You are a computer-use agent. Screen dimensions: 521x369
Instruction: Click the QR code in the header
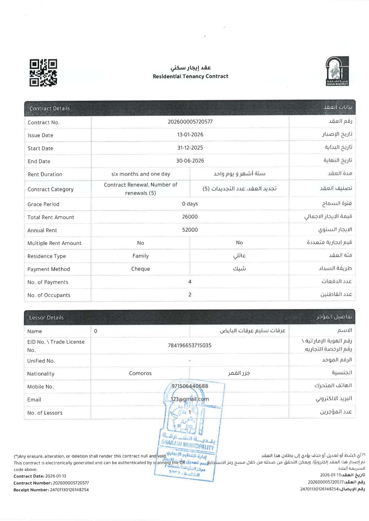(x=43, y=73)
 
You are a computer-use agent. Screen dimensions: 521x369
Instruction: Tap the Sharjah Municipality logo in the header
(x=337, y=71)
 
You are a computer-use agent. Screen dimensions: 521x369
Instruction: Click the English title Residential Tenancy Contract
(x=190, y=76)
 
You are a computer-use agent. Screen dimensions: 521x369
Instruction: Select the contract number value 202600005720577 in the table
(x=190, y=122)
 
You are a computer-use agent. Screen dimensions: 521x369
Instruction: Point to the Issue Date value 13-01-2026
(x=190, y=135)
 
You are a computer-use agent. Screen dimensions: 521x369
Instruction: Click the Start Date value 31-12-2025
(x=190, y=148)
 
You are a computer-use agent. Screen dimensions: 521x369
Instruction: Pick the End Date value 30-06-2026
(x=190, y=161)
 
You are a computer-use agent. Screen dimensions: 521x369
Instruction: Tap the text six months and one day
(x=141, y=174)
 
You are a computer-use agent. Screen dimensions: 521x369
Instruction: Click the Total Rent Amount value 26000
(x=190, y=217)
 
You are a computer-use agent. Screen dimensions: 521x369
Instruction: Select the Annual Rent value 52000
(x=190, y=230)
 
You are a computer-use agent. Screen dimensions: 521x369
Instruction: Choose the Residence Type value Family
(x=140, y=256)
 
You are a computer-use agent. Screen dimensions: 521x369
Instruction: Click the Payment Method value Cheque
(x=140, y=269)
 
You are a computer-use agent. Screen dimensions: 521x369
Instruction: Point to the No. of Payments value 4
(x=190, y=282)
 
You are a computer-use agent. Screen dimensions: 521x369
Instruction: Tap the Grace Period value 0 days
(x=190, y=204)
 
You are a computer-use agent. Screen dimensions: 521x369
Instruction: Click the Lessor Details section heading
(x=46, y=318)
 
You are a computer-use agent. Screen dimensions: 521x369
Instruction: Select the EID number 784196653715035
(x=190, y=345)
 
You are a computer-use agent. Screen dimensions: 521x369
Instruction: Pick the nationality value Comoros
(x=140, y=374)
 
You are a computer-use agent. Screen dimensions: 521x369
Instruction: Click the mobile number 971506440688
(x=190, y=386)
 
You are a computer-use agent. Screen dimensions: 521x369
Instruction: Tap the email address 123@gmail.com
(x=190, y=399)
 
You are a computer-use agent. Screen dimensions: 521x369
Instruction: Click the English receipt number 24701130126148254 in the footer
(x=69, y=490)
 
